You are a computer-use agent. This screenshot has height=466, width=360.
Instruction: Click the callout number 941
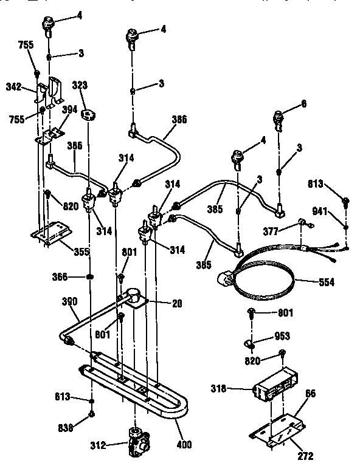click(319, 211)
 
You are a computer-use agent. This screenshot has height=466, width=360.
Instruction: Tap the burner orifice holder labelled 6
click(280, 117)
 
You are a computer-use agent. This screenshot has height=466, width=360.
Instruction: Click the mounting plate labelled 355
click(52, 234)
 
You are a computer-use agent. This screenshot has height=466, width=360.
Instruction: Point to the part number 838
click(66, 428)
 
